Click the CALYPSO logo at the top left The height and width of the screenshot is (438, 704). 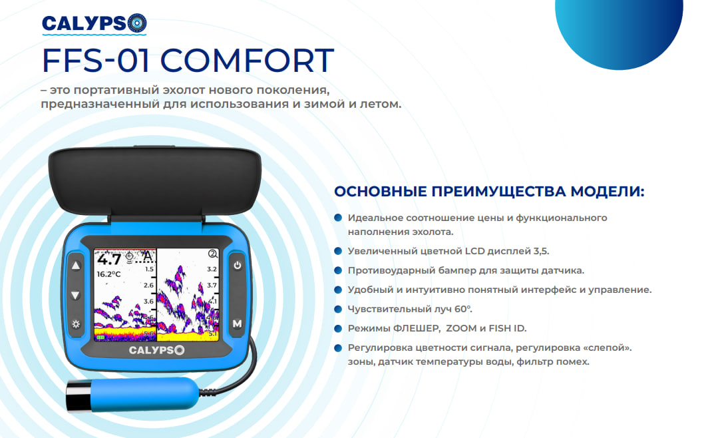pos(94,24)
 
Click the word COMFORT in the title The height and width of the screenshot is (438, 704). pos(248,60)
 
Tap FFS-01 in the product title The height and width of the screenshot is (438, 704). pos(96,60)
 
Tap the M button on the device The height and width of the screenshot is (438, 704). pos(237,324)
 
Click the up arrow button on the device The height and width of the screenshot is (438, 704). pos(76,266)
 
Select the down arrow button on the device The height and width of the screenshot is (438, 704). pos(75,295)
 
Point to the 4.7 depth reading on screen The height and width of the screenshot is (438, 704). pos(109,259)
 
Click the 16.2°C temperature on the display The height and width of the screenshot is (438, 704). pos(108,274)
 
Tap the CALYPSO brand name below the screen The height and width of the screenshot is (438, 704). pos(156,350)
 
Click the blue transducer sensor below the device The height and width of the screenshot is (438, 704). pos(133,394)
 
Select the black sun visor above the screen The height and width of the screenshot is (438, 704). pos(155,181)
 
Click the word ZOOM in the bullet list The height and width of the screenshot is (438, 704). pos(460,328)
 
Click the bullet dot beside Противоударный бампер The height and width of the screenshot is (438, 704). pos(338,270)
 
